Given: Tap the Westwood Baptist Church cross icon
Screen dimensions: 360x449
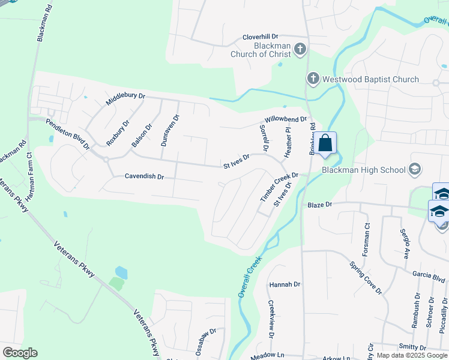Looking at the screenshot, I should (313, 79).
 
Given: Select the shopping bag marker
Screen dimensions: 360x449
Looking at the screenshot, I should (325, 144).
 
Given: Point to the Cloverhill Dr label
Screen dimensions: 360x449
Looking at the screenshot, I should (266, 37).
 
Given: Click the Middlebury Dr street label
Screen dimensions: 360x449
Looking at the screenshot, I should (126, 99).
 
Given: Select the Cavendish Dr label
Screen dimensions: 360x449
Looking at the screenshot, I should (144, 176).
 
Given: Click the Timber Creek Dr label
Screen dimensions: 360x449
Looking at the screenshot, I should (279, 187).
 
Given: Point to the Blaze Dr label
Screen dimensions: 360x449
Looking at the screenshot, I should (319, 205).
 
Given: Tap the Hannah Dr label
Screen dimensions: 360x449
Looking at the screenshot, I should (285, 284).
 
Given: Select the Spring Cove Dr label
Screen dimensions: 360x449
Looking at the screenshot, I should (366, 278).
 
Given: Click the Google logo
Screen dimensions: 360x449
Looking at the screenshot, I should (20, 352).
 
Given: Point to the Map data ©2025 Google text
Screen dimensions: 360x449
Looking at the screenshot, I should (411, 355).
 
